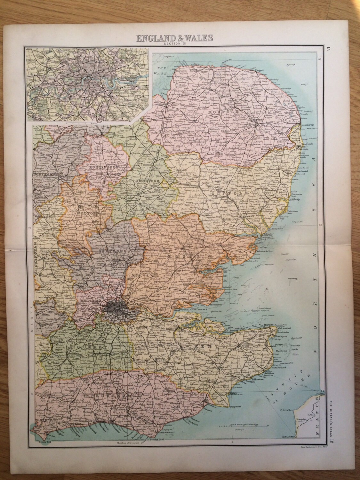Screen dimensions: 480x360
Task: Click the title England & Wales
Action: point(175,38)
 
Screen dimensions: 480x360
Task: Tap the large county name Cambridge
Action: point(146,181)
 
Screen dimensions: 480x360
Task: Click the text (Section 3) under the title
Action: point(174,44)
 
